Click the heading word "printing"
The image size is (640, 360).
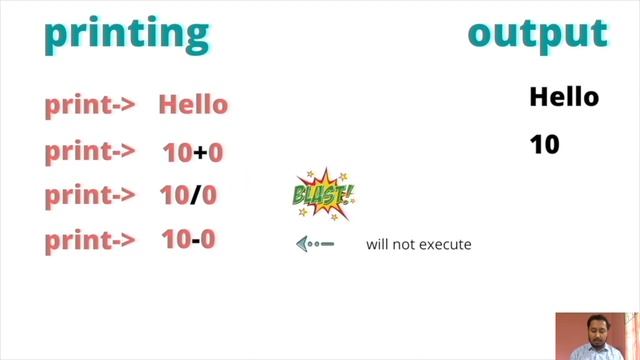pos(126,33)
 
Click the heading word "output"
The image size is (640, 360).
pos(537,33)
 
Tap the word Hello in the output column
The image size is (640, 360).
pos(564,97)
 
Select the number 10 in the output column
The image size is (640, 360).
pos(545,145)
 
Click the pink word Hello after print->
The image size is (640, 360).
pos(193,105)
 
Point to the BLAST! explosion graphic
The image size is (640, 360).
pos(322,193)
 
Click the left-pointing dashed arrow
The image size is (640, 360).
pos(314,243)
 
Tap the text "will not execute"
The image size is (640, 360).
pos(418,244)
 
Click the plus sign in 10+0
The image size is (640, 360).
pos(200,153)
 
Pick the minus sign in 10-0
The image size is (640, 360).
pos(197,240)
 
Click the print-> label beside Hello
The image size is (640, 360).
pos(90,105)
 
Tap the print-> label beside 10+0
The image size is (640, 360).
pos(90,152)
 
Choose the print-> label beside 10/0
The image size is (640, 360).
pos(90,196)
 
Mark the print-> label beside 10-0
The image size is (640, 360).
pos(90,240)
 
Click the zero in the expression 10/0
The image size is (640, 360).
pos(210,196)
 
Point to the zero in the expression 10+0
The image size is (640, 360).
pos(215,153)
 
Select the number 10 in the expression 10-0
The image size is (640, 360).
pos(176,240)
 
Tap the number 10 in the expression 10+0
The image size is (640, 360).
pos(178,153)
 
